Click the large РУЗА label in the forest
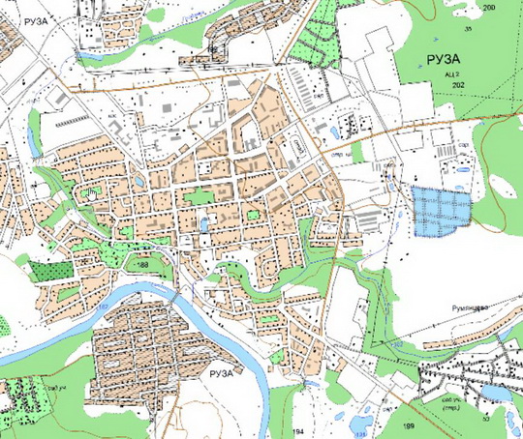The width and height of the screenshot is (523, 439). (442, 60)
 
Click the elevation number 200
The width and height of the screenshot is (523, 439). (487, 8)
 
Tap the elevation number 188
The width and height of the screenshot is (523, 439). (143, 264)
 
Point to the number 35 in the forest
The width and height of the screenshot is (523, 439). (469, 31)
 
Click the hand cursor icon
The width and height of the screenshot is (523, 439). (89, 193)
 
